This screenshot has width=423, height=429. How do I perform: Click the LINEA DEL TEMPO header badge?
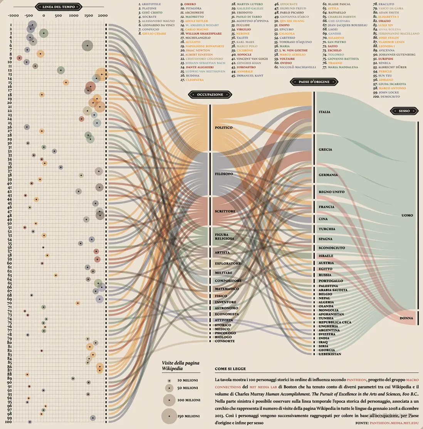click(x=59, y=7)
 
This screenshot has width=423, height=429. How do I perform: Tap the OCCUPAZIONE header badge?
click(x=210, y=94)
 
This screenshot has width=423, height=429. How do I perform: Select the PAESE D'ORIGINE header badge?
click(x=314, y=82)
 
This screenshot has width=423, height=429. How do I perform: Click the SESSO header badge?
click(x=404, y=111)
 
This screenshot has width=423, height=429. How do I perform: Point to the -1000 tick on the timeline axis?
click(x=13, y=16)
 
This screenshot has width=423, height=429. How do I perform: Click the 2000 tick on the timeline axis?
click(x=102, y=16)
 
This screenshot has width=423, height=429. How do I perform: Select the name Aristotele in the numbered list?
click(x=151, y=4)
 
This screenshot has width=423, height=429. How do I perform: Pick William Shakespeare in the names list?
click(x=203, y=34)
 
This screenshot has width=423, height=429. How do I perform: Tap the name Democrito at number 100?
click(x=389, y=97)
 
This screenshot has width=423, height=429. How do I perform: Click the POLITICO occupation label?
click(x=223, y=127)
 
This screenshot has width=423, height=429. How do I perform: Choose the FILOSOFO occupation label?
click(x=224, y=174)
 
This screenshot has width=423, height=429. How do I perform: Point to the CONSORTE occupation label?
click(x=225, y=341)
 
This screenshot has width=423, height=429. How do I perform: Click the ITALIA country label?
click(x=324, y=112)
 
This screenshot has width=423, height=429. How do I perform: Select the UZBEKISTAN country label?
click(x=330, y=354)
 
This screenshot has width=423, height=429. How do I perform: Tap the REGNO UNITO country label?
click(x=331, y=192)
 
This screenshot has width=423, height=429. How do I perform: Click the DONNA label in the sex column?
click(x=406, y=318)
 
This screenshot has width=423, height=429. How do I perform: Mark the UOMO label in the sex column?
click(x=407, y=215)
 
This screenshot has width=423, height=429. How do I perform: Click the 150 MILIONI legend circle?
click(x=169, y=416)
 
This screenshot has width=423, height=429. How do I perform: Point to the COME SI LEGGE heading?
click(x=230, y=369)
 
